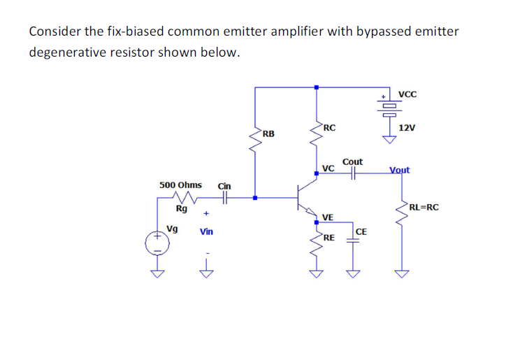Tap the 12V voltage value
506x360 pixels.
[x=407, y=128]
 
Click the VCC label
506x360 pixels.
[x=407, y=94]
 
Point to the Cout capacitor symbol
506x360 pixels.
[x=354, y=175]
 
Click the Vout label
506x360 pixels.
[x=399, y=170]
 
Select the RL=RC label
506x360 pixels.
[x=424, y=207]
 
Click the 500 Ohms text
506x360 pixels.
[x=180, y=185]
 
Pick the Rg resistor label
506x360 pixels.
[x=181, y=208]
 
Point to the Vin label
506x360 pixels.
[x=207, y=231]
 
